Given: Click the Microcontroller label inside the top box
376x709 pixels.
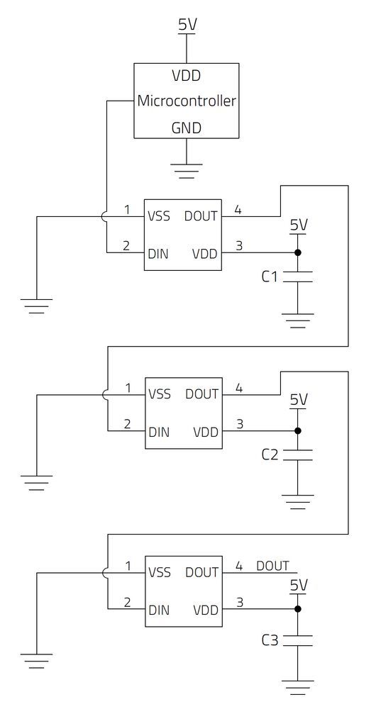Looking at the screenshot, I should [186, 101].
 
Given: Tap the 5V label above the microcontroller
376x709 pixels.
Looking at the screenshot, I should [187, 25].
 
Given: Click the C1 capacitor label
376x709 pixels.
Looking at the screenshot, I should [270, 277].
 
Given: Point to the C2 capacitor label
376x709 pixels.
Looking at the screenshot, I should [270, 454].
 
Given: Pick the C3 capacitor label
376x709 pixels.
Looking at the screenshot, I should [270, 640].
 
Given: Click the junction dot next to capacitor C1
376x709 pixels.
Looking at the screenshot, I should [298, 252].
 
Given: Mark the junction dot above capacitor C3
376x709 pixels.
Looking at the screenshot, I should [298, 609].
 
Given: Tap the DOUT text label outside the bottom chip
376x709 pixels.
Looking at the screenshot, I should [272, 566].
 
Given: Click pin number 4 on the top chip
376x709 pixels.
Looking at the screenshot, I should [238, 210].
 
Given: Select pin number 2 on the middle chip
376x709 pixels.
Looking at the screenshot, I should [127, 425].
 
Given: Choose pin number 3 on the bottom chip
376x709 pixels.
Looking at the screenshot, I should [239, 603].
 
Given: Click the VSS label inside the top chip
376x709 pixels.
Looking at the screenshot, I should [159, 216].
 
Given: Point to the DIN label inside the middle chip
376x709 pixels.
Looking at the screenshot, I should [158, 431].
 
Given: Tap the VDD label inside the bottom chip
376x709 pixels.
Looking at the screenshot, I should [205, 609].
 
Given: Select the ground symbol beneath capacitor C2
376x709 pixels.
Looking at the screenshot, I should [298, 501].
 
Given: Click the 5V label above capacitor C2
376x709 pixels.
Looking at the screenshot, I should [299, 400].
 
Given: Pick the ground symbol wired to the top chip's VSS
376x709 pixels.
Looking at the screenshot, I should [36, 306].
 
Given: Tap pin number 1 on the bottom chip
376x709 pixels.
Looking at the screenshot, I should [128, 566].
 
